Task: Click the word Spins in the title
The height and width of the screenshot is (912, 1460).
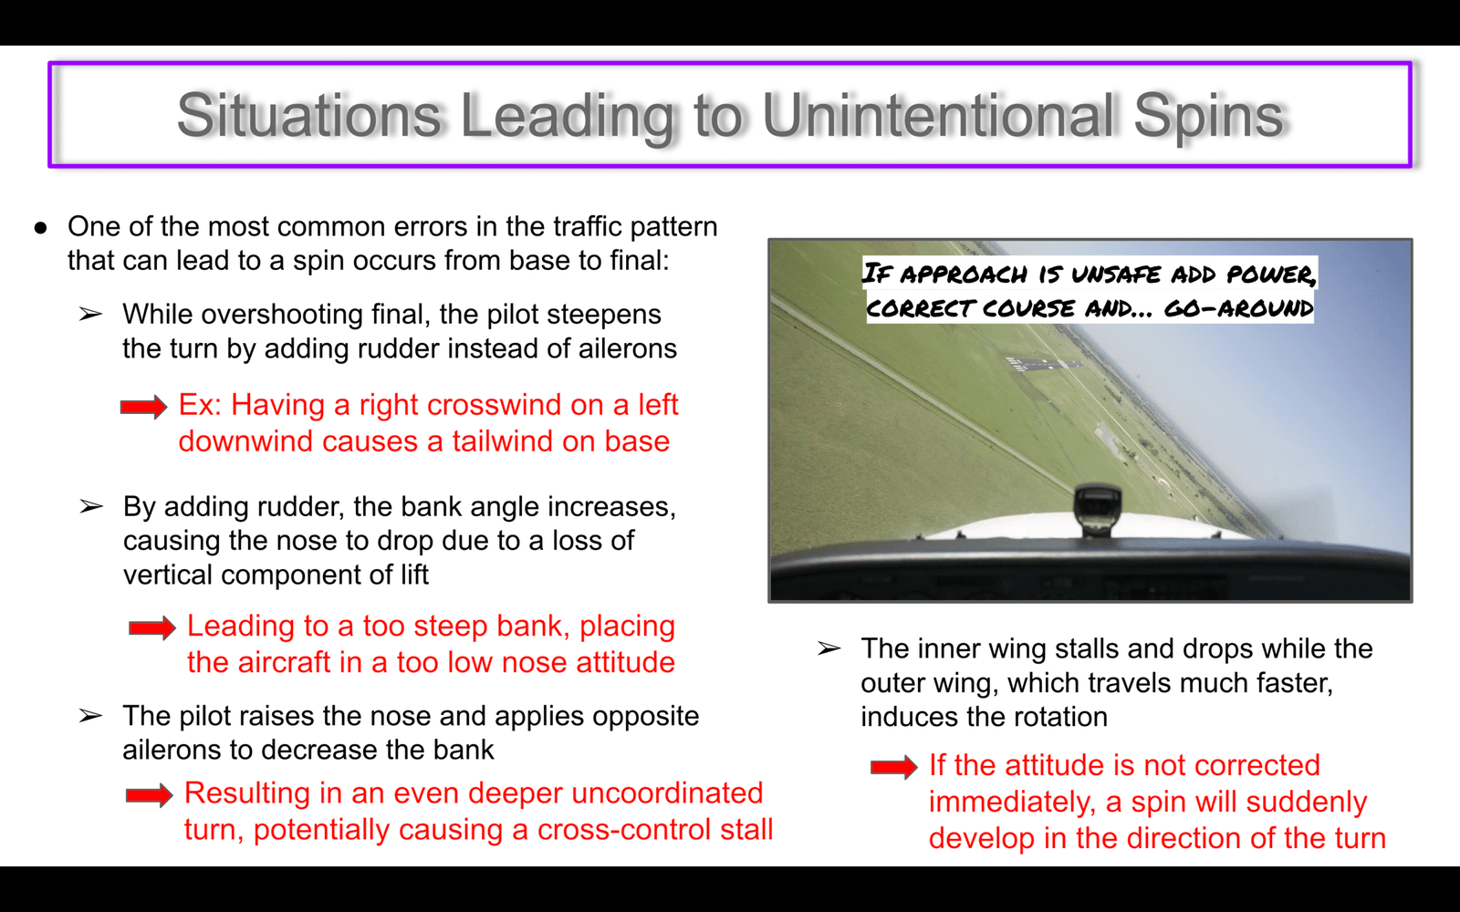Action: [x=1208, y=116]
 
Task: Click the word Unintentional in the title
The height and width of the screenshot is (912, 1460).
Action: [x=939, y=115]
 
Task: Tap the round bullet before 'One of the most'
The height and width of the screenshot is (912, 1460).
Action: [x=40, y=228]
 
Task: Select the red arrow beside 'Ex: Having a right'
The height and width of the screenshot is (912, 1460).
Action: [x=143, y=407]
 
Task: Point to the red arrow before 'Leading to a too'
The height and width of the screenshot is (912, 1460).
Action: [x=151, y=628]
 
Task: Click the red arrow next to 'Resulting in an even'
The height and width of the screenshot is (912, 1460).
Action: [x=150, y=795]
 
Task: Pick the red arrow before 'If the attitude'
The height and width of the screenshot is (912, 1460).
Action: [x=893, y=767]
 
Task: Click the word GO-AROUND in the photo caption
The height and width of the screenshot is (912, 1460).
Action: [x=1238, y=308]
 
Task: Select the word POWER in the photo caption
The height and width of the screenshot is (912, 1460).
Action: [x=1271, y=275]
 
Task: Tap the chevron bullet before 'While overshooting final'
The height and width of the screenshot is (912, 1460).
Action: [x=90, y=315]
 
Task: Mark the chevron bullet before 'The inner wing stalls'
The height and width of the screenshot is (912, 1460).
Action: [x=829, y=648]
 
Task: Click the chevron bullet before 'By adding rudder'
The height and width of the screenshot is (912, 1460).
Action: [x=91, y=507]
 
